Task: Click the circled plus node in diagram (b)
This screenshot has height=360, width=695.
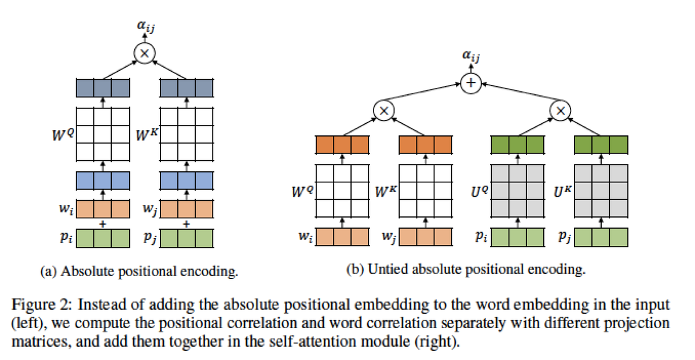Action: click(x=470, y=84)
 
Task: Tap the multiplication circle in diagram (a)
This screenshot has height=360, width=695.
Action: click(x=144, y=53)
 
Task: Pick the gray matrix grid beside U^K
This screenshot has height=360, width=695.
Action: click(x=600, y=189)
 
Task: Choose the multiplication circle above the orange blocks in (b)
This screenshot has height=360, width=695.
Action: click(x=383, y=110)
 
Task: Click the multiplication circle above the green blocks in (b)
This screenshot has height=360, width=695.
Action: click(x=559, y=110)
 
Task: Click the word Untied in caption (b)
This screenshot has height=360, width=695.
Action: click(x=383, y=270)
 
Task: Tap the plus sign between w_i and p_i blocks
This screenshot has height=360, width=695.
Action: click(x=103, y=223)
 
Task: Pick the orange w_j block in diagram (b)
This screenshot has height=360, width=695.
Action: click(x=425, y=236)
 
